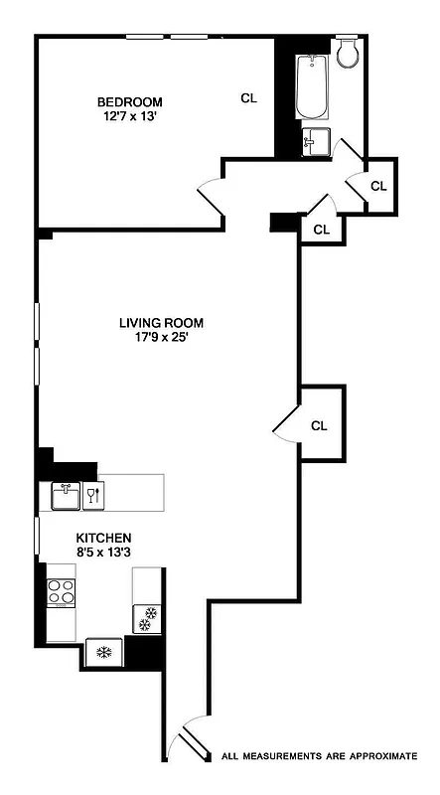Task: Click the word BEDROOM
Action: pyautogui.click(x=129, y=102)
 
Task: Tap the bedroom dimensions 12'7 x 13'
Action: pyautogui.click(x=129, y=117)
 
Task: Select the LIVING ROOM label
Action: pyautogui.click(x=161, y=322)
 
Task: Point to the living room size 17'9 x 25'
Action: pyautogui.click(x=161, y=337)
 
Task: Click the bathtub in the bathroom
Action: pyautogui.click(x=312, y=87)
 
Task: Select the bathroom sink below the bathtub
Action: pyautogui.click(x=314, y=141)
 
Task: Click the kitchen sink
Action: pyautogui.click(x=66, y=495)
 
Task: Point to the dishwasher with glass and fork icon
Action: pyautogui.click(x=94, y=495)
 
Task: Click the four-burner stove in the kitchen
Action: pyautogui.click(x=62, y=593)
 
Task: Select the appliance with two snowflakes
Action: pyautogui.click(x=147, y=618)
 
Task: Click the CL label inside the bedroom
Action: pyautogui.click(x=248, y=98)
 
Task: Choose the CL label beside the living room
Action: pyautogui.click(x=319, y=426)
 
